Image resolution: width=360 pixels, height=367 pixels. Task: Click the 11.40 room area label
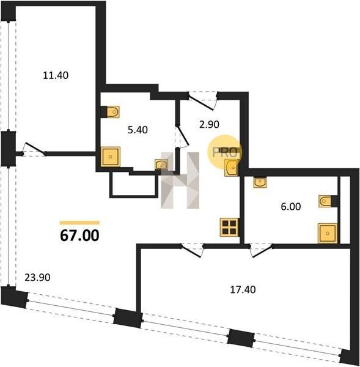click(56, 75)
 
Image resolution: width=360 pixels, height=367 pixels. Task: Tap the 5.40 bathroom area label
click(138, 130)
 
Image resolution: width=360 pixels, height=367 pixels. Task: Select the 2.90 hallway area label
click(209, 124)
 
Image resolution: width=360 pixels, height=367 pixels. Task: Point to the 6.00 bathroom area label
click(291, 207)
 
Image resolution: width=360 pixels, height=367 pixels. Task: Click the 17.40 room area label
click(243, 290)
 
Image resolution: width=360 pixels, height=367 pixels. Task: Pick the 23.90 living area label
click(37, 277)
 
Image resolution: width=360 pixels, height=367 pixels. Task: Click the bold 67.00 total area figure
click(80, 235)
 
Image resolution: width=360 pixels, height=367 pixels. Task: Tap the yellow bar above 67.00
click(79, 223)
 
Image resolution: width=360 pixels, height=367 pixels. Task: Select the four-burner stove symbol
click(229, 227)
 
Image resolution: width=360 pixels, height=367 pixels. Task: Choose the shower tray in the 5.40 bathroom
click(110, 157)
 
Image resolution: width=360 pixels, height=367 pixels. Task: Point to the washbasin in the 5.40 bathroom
click(161, 165)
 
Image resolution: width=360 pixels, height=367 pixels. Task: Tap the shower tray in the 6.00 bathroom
click(328, 233)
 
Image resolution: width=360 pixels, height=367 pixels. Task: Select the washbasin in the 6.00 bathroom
click(260, 182)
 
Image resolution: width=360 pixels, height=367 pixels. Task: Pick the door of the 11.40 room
click(34, 149)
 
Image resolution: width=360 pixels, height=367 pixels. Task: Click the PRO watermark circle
click(224, 152)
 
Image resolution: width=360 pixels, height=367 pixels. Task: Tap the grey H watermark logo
click(180, 180)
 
